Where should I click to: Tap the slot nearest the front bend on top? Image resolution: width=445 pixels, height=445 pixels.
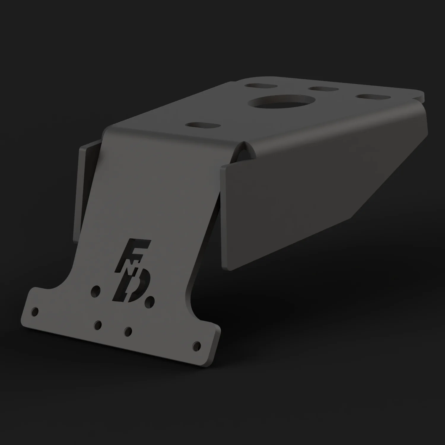tap(203, 125)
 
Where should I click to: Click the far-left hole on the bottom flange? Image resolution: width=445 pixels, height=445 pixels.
tap(35, 311)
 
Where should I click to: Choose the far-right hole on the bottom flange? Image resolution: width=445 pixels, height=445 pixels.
tap(196, 345)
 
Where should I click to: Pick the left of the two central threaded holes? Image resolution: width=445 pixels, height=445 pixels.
tap(97, 325)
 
